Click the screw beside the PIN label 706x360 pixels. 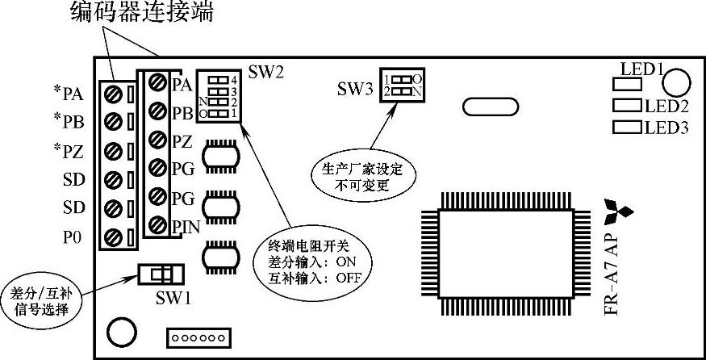pyautogui.click(x=157, y=225)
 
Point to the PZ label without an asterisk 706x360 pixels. pyautogui.click(x=181, y=141)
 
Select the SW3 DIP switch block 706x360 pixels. pyautogui.click(x=403, y=85)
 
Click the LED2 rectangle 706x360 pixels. pyautogui.click(x=627, y=106)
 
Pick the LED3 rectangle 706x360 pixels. pyautogui.click(x=627, y=126)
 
